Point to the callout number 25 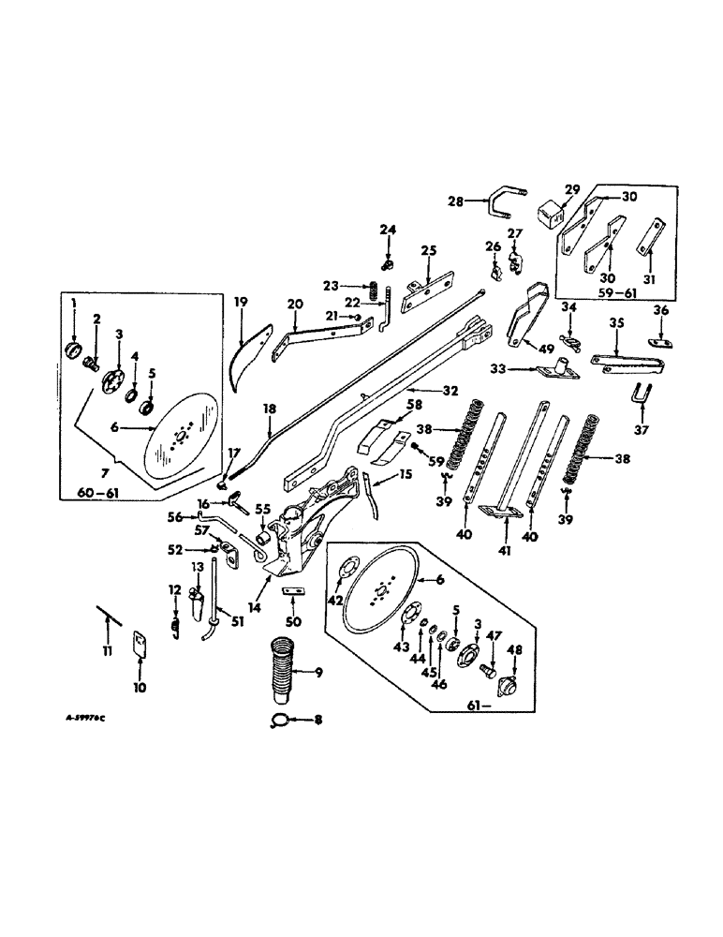tap(429, 251)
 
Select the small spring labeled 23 tap(372, 290)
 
